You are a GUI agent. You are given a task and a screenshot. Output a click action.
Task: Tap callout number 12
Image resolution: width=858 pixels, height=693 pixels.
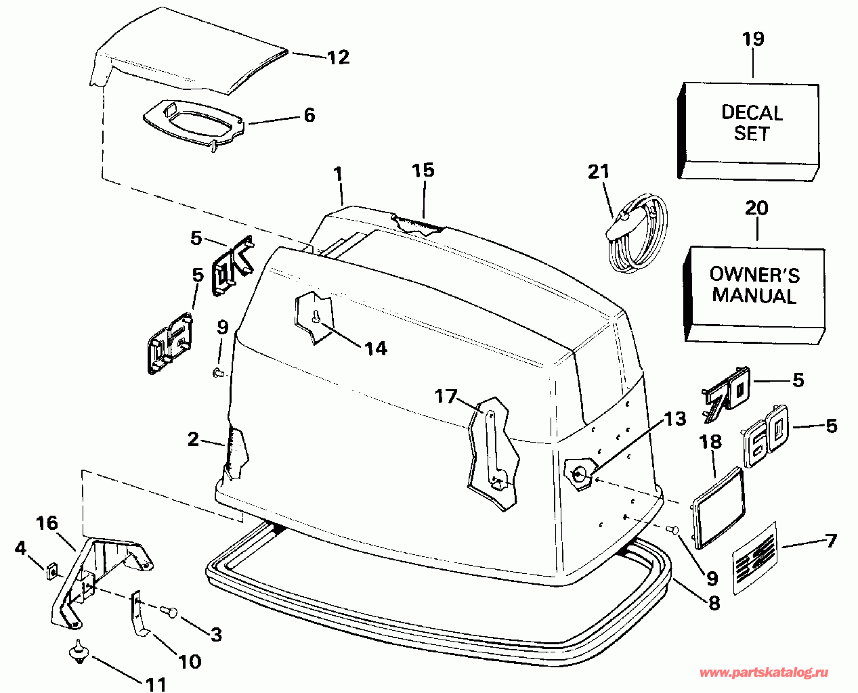pos(338,58)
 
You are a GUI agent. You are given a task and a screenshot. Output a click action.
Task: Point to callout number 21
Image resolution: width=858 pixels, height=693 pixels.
pos(599,173)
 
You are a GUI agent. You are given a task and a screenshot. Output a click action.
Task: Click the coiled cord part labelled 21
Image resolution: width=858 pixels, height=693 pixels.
pos(637,233)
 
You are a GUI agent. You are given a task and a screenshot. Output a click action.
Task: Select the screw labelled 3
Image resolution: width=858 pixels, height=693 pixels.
pos(170,612)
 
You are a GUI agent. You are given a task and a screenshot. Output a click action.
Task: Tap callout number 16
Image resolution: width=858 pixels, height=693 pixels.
pos(47,523)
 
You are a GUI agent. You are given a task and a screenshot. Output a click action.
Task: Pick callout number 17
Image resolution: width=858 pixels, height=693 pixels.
pos(446,396)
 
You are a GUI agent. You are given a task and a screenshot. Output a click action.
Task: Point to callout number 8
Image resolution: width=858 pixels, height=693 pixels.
pos(714,603)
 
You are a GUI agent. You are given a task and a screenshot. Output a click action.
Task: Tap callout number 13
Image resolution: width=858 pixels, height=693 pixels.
pos(674,420)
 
